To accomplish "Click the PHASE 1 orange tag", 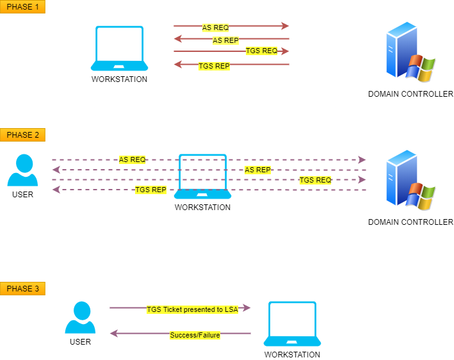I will point(22,7).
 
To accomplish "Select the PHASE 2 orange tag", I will point(22,135).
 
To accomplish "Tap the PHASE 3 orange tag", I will point(22,289).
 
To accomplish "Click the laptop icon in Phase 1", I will point(119,49).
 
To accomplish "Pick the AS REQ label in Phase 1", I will point(215,28).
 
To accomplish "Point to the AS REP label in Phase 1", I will point(225,40).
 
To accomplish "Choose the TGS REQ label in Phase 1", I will point(261,51).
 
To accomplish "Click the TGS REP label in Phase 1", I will point(214,65).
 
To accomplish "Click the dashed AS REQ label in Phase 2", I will point(133,160).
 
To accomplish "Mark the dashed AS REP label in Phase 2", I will point(257,170).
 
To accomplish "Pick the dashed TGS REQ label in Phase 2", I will point(315,180).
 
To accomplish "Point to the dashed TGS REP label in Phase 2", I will point(150,190).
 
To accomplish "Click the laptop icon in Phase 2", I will point(202,177).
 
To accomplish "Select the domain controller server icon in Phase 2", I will point(410,181).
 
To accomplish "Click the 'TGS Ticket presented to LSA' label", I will point(192,309).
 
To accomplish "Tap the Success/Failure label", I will point(195,335).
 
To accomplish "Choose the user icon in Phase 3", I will point(80,318).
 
